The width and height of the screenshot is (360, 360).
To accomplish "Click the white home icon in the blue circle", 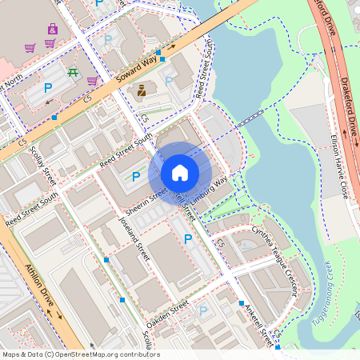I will (x=180, y=173).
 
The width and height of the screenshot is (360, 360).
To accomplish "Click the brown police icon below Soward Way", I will (x=142, y=90).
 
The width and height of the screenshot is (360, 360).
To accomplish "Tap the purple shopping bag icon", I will (x=52, y=29).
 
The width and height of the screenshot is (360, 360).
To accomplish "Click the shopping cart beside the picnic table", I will (x=92, y=80).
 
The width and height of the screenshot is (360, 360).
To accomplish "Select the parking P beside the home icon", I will (x=135, y=176).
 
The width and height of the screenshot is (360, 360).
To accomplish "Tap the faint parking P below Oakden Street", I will (x=202, y=310).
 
